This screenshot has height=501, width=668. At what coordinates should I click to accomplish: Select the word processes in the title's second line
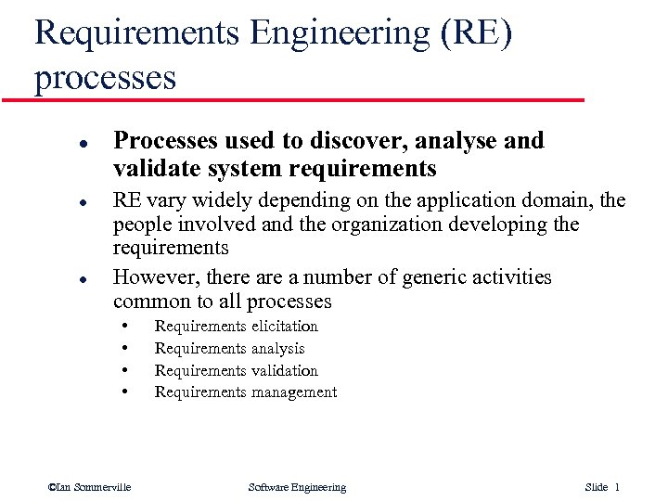pyautogui.click(x=105, y=78)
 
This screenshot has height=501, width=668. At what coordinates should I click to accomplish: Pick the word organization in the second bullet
pyautogui.click(x=411, y=225)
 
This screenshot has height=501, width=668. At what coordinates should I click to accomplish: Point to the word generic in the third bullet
pyautogui.click(x=404, y=277)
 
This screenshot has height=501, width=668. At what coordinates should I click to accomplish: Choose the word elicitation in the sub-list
pyautogui.click(x=284, y=327)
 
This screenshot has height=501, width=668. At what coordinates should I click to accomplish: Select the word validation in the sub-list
pyautogui.click(x=284, y=370)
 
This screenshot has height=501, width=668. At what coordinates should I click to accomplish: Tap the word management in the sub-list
pyautogui.click(x=293, y=392)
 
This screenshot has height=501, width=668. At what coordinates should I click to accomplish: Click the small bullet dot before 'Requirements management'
pyautogui.click(x=125, y=392)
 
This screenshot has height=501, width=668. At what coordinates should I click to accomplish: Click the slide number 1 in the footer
pyautogui.click(x=617, y=487)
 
